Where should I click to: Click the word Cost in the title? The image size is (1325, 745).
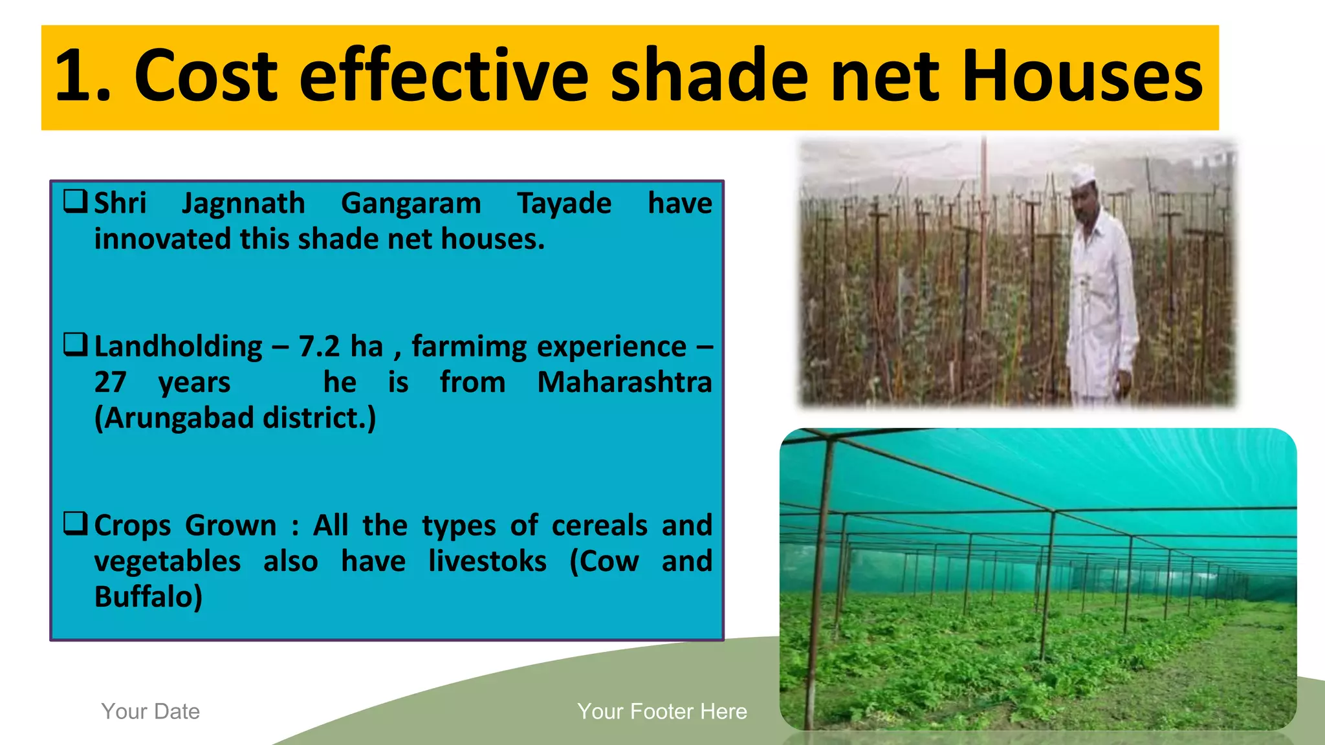[206, 76]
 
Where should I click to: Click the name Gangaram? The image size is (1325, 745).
[411, 204]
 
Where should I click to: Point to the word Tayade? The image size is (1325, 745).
[564, 204]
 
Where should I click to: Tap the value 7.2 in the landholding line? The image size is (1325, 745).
[319, 347]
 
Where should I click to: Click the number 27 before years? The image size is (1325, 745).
[110, 382]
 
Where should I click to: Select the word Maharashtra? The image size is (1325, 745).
[624, 382]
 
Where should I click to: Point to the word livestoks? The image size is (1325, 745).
[487, 561]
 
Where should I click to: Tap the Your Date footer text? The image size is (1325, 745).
[150, 711]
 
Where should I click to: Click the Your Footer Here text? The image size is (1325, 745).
[662, 711]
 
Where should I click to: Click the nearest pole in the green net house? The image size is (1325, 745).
[818, 582]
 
